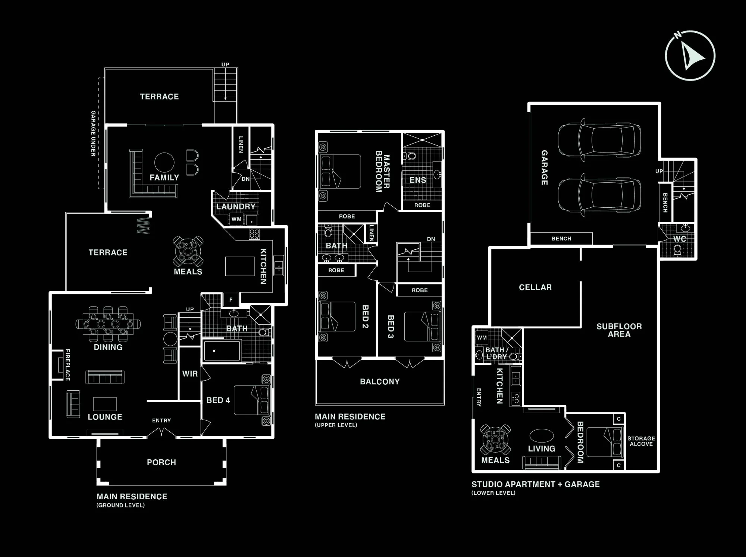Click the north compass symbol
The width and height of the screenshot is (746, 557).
coord(690,56)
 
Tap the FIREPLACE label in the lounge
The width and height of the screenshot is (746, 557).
coord(68,365)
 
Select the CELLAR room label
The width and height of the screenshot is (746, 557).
coord(535,287)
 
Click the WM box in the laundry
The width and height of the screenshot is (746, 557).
coord(236,219)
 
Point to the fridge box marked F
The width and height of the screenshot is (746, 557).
coord(231,299)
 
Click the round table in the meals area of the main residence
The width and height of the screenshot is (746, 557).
coord(188,250)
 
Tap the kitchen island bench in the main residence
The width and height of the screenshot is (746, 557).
coord(240,266)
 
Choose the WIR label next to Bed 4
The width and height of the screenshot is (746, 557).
coord(190,374)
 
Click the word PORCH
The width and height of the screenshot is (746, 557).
coord(162,462)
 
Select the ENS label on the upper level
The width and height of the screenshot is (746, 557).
coord(418,180)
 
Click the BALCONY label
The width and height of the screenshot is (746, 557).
coord(380,381)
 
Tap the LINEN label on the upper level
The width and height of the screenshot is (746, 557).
coord(371,233)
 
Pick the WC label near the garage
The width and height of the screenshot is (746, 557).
coord(680,239)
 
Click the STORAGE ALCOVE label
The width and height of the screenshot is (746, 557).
coord(641,441)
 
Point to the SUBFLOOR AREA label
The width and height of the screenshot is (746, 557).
coord(619,330)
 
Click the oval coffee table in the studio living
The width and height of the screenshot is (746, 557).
coord(542,435)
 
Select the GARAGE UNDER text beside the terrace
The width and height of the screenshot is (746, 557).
coord(93,133)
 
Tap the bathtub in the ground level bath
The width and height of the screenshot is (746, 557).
coord(222,350)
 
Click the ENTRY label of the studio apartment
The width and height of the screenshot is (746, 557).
coord(479,397)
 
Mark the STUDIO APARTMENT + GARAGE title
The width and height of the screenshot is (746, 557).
coord(536,484)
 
